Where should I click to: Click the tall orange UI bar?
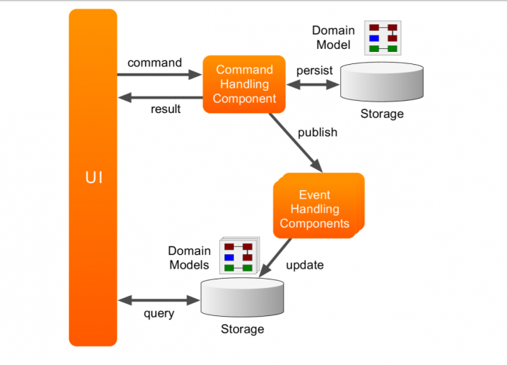pyautogui.click(x=93, y=177)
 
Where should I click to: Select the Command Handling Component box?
pyautogui.click(x=245, y=84)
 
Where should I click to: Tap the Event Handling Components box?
pyautogui.click(x=315, y=209)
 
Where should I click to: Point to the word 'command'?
pyautogui.click(x=155, y=63)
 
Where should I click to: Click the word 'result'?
pyautogui.click(x=165, y=109)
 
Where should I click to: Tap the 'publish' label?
pyautogui.click(x=317, y=132)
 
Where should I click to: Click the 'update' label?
pyautogui.click(x=305, y=265)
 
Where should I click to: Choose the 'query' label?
pyautogui.click(x=158, y=313)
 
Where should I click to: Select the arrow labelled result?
pyautogui.click(x=160, y=98)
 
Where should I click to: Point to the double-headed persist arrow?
pyautogui.click(x=313, y=84)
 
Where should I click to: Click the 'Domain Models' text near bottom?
pyautogui.click(x=190, y=258)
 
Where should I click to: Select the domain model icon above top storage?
pyautogui.click(x=383, y=38)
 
